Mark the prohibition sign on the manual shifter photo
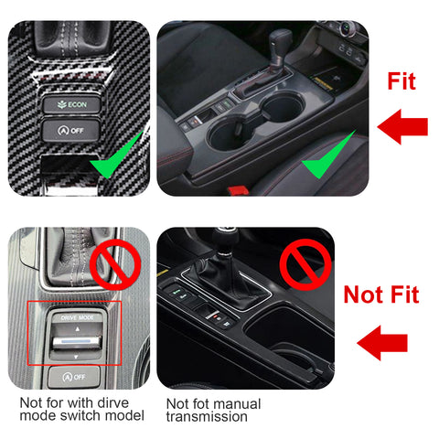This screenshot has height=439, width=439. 305,263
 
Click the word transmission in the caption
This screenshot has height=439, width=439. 207,418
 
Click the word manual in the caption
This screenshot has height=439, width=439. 237,403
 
